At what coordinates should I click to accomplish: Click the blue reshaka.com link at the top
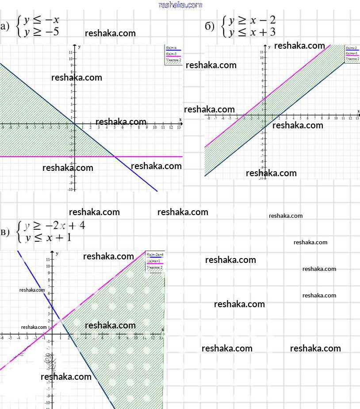[x=180, y=5]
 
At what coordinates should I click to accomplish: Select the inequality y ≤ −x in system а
[x=42, y=20]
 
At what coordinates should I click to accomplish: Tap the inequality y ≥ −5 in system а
[x=42, y=31]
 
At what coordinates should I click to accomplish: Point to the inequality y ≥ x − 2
[x=252, y=20]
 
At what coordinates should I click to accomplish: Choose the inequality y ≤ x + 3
[x=252, y=32]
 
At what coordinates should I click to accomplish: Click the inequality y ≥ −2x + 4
[x=54, y=226]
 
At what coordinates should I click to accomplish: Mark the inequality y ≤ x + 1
[x=48, y=238]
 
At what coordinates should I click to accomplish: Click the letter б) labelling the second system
[x=210, y=27]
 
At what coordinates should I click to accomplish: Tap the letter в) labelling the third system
[x=5, y=232]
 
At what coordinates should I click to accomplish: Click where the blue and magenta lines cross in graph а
[x=114, y=156]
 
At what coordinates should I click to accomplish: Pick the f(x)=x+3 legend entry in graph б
[x=352, y=53]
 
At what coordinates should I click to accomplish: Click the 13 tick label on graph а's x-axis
[x=179, y=127]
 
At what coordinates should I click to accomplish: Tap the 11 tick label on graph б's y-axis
[x=262, y=53]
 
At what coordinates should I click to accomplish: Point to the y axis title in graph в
[x=57, y=252]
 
